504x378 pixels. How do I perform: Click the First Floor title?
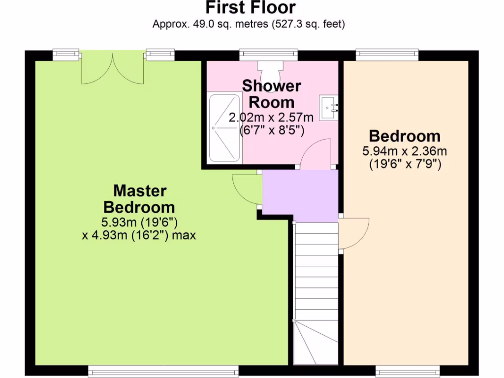click(x=251, y=8)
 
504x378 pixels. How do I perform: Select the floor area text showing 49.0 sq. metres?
click(x=249, y=24)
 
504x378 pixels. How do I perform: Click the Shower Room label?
click(x=271, y=94)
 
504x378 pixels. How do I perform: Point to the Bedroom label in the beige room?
click(x=405, y=136)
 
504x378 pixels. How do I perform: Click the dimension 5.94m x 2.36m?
click(x=405, y=152)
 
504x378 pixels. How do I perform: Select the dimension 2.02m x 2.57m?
click(x=271, y=118)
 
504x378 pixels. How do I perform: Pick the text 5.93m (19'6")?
click(x=139, y=222)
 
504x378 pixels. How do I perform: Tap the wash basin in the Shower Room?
click(x=329, y=107)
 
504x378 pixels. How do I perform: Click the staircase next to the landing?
click(x=316, y=290)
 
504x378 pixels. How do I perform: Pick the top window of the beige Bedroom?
click(x=387, y=55)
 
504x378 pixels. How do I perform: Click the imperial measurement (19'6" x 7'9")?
click(x=405, y=165)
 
